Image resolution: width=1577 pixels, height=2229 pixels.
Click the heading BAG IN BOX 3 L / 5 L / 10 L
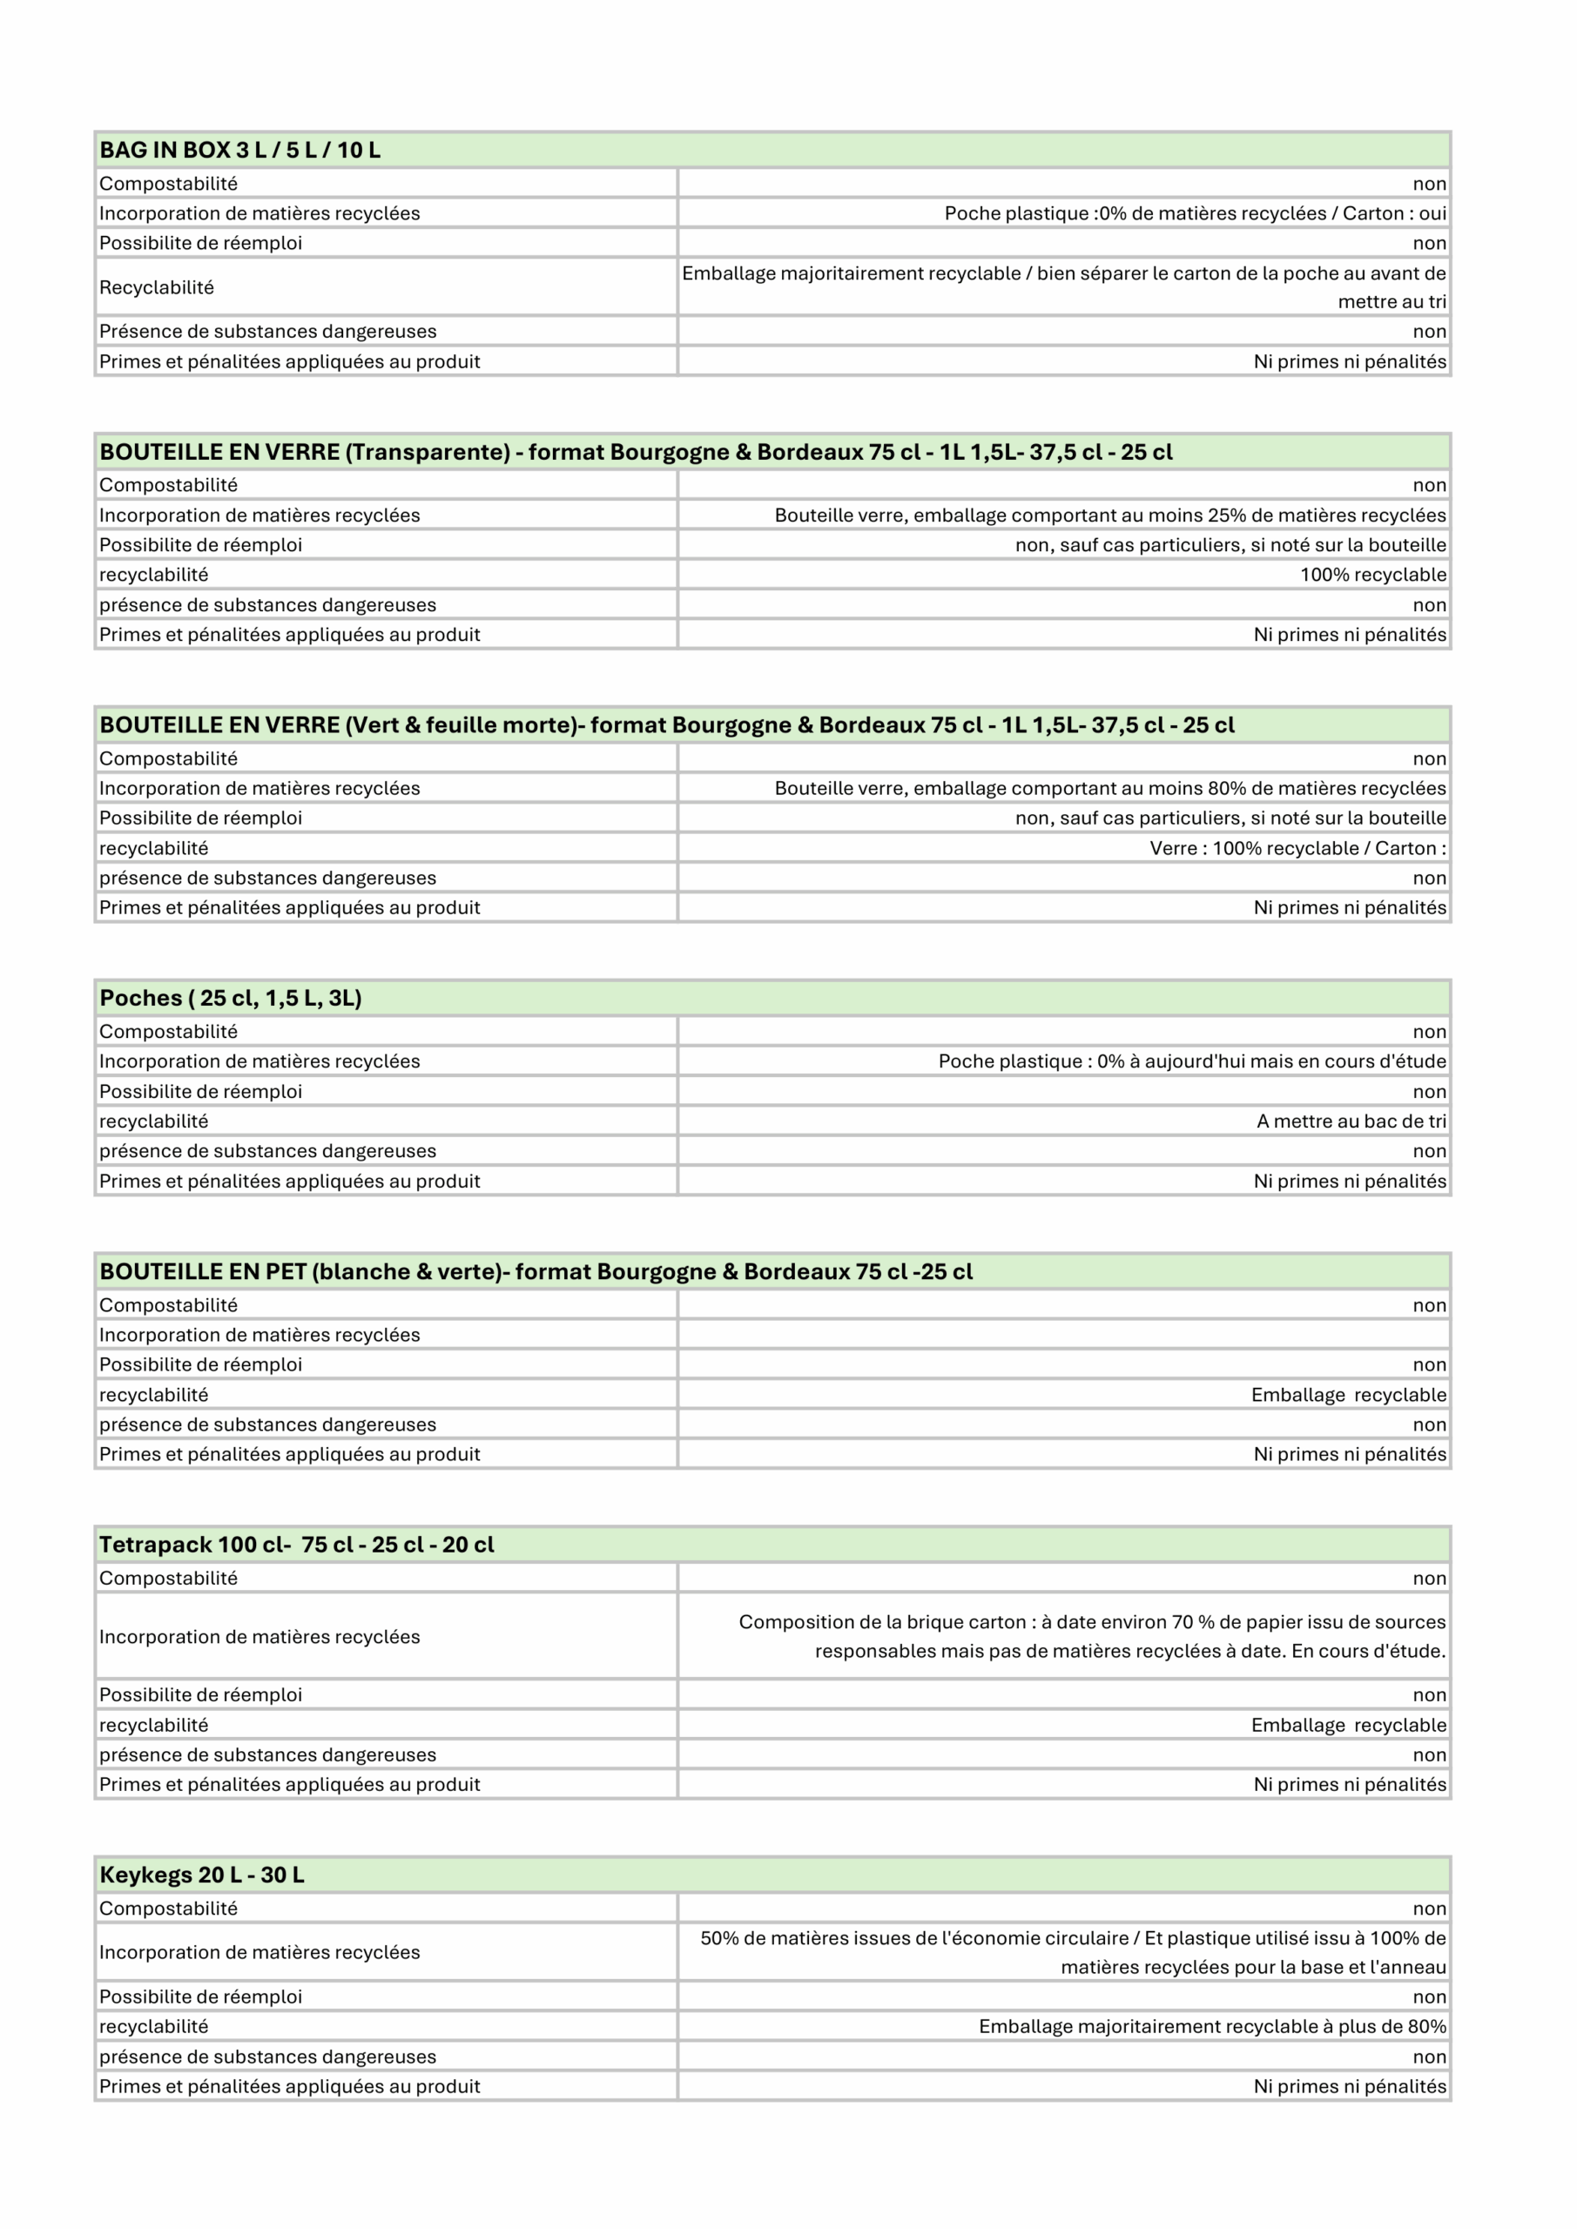click(239, 151)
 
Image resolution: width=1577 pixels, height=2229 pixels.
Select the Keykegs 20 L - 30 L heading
click(202, 1875)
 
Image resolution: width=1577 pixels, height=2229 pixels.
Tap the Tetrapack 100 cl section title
click(296, 1545)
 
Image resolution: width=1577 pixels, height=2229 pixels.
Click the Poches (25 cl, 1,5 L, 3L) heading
click(230, 998)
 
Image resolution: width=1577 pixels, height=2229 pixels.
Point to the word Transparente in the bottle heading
click(428, 453)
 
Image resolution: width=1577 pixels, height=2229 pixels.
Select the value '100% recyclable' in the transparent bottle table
click(1372, 575)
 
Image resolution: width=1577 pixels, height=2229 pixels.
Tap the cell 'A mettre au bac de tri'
click(1351, 1121)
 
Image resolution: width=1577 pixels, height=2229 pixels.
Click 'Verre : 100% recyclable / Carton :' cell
click(1297, 848)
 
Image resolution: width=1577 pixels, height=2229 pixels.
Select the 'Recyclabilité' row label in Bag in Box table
click(157, 287)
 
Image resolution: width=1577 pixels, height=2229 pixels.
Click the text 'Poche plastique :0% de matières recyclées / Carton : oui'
click(1195, 213)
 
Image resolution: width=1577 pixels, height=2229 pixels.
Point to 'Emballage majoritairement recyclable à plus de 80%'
click(1212, 2026)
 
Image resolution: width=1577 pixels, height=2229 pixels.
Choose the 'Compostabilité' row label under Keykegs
click(168, 1909)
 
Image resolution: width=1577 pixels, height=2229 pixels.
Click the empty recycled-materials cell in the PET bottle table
click(1063, 1335)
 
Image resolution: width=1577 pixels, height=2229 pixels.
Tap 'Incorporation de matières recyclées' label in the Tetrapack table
click(259, 1637)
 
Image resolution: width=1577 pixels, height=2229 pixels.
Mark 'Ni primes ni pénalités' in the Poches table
click(1349, 1182)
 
